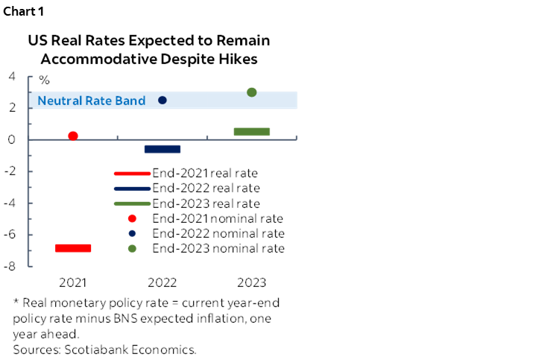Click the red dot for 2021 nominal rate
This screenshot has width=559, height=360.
click(x=73, y=136)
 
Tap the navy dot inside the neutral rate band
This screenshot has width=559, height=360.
click(x=162, y=100)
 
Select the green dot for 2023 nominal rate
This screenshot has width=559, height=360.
click(x=252, y=92)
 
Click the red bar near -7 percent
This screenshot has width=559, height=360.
click(x=73, y=248)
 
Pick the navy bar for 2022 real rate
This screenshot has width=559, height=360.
click(x=162, y=149)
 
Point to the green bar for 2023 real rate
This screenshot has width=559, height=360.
click(x=252, y=131)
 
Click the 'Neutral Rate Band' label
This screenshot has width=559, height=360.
click(x=92, y=101)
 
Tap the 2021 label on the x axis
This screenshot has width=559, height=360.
click(x=73, y=282)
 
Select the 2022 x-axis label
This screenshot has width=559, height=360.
click(x=162, y=282)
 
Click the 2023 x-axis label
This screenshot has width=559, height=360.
click(x=252, y=282)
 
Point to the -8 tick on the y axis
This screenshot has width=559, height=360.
click(x=10, y=266)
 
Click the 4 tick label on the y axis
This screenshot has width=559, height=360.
click(x=12, y=76)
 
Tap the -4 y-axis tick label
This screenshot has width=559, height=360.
click(x=10, y=203)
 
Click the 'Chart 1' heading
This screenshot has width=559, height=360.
click(x=24, y=11)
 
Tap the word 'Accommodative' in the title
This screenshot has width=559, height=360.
click(x=98, y=59)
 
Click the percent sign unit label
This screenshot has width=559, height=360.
click(x=44, y=80)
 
